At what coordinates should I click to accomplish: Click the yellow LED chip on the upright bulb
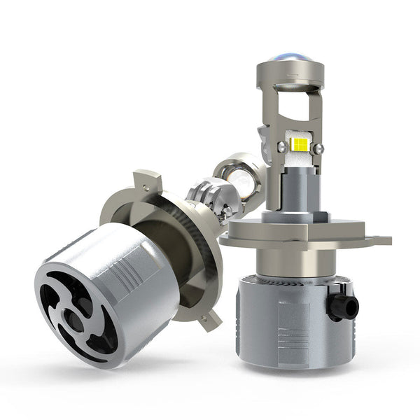click(x=298, y=145)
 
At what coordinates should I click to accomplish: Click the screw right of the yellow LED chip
click(x=318, y=148)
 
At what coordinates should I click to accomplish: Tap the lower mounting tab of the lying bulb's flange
click(x=208, y=319)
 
